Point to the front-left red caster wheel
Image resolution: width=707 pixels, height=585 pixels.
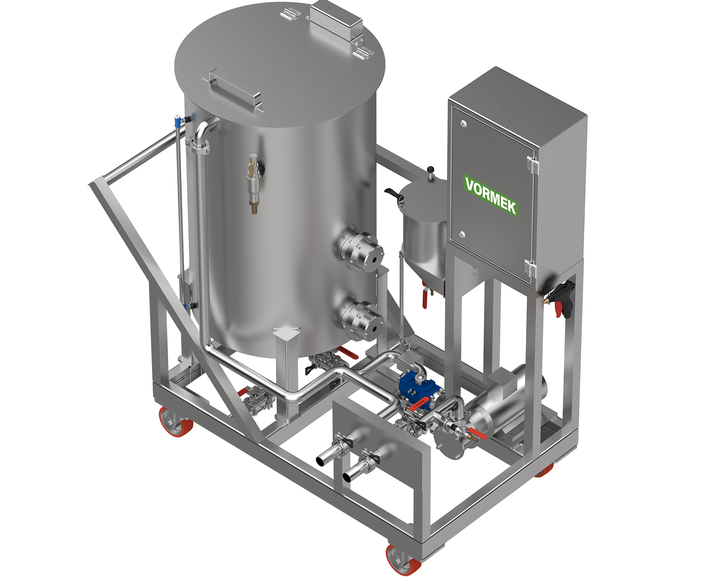pos(176,421)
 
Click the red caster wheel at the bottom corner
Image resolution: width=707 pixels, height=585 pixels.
pos(403,559)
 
